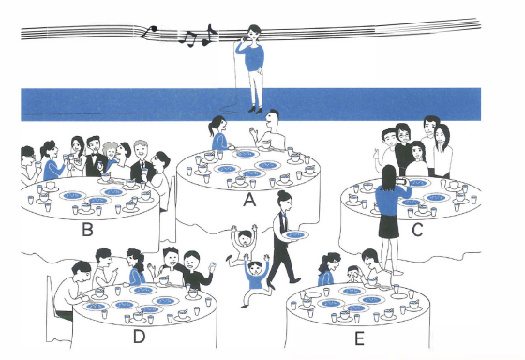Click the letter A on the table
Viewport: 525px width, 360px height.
point(249,200)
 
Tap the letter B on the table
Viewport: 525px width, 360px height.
point(87,230)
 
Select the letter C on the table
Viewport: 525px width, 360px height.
point(417,230)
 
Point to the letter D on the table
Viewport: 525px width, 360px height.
point(140,337)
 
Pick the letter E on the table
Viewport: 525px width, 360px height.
point(359,338)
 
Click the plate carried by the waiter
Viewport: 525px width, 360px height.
point(295,235)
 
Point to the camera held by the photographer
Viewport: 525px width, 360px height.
point(401,182)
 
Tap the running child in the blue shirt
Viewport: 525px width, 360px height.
point(255,279)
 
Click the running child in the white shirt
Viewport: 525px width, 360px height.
point(244,243)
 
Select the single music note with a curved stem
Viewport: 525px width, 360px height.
point(148,31)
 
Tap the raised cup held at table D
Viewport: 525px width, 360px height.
point(212,266)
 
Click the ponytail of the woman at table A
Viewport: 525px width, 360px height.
point(211,128)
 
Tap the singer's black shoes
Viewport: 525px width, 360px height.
point(255,111)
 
